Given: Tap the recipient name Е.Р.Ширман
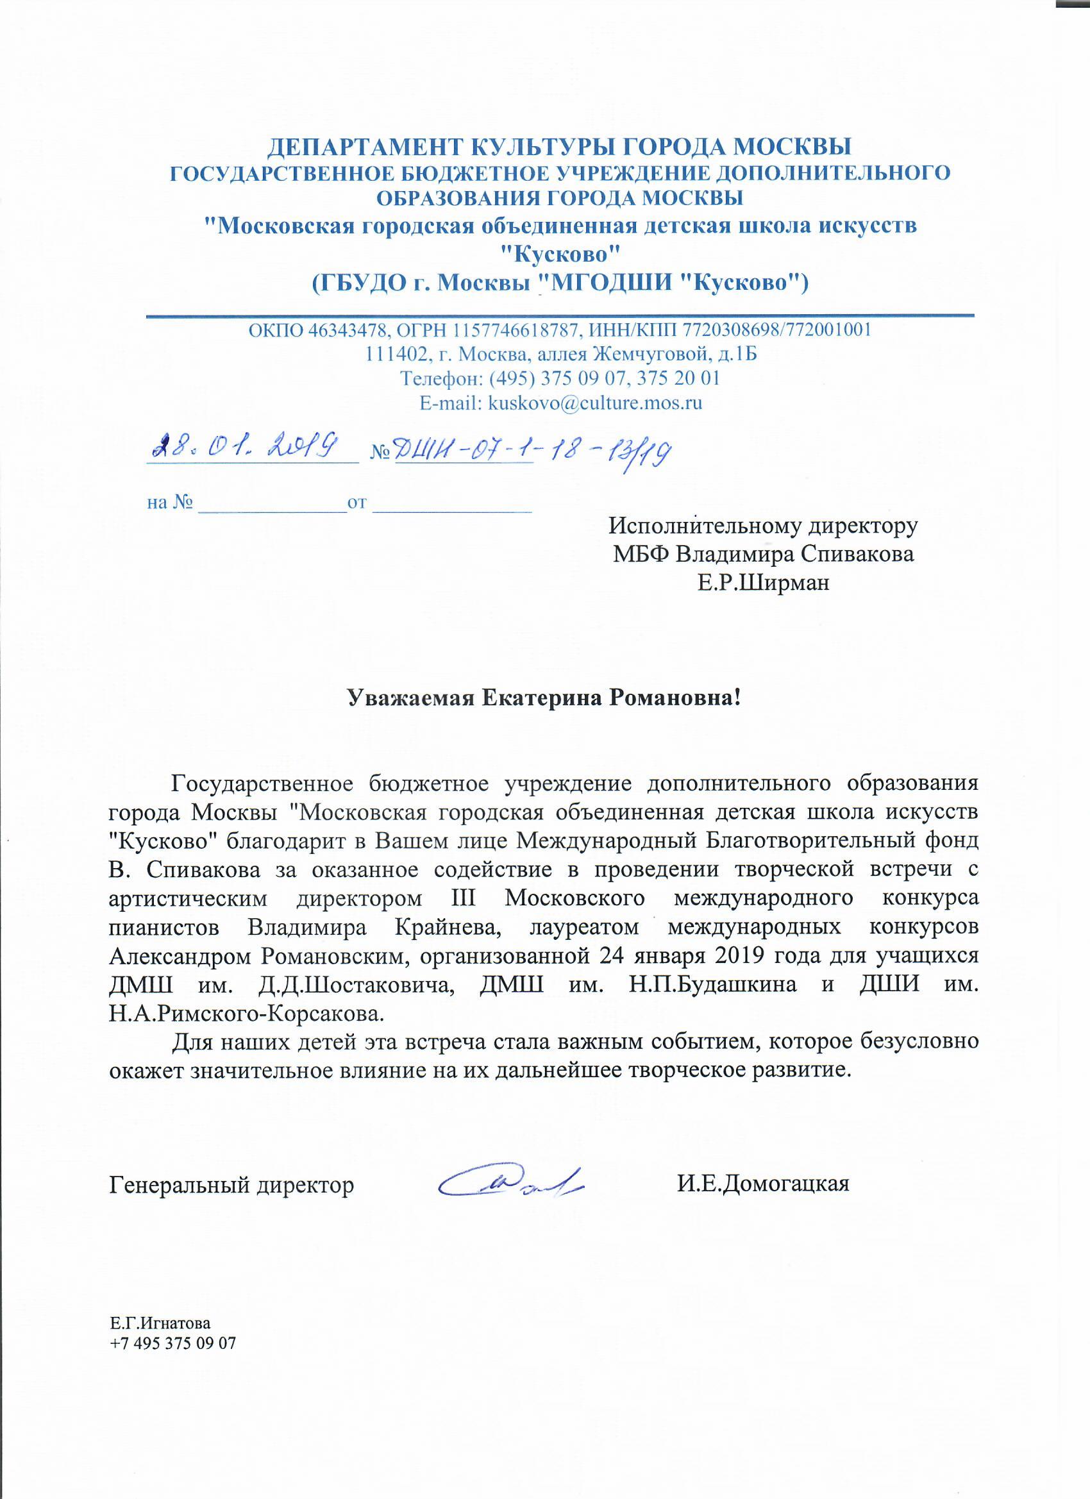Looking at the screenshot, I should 763,583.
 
